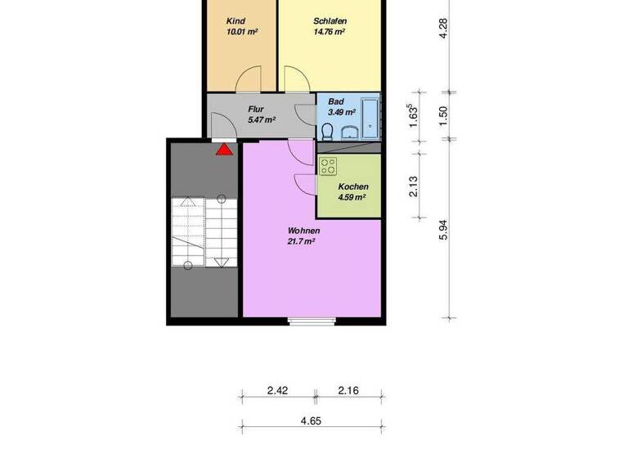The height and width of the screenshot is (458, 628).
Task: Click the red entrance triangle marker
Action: (x=224, y=149)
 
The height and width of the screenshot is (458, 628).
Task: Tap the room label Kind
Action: (x=236, y=21)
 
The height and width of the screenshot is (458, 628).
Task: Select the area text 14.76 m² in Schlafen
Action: (x=329, y=33)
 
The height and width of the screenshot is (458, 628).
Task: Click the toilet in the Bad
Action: (x=327, y=131)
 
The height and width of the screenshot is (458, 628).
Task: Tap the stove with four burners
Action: (x=329, y=166)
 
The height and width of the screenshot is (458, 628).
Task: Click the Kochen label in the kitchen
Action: (x=352, y=186)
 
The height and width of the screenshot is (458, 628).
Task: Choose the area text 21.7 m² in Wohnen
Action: (x=302, y=241)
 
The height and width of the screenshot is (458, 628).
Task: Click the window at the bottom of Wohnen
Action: (x=312, y=321)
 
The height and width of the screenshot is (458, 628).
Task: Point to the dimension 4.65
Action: (x=310, y=420)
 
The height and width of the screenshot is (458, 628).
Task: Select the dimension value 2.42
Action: (x=277, y=392)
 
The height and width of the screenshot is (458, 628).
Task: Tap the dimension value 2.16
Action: (x=349, y=392)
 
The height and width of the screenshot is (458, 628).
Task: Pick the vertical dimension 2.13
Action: (x=414, y=188)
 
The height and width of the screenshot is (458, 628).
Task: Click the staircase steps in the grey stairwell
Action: (x=203, y=231)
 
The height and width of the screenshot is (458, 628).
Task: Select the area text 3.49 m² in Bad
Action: (x=342, y=112)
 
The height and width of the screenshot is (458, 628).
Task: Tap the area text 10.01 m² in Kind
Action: (x=243, y=33)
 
